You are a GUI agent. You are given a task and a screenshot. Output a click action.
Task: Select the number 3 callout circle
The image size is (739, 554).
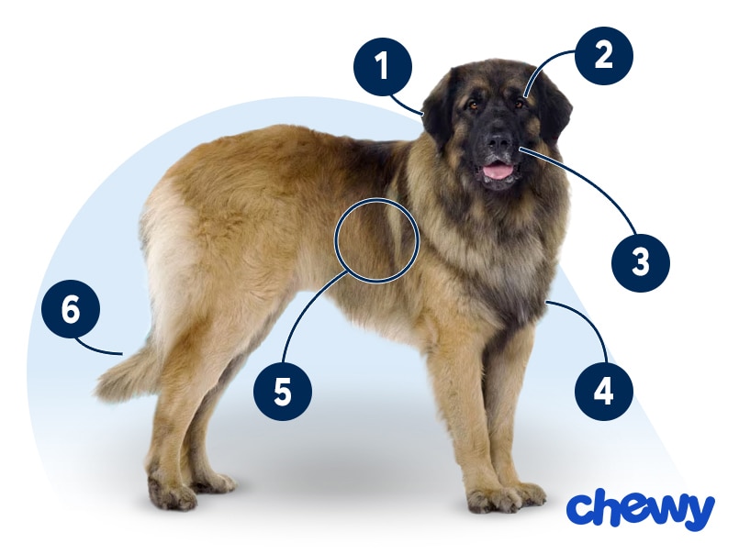[641, 262]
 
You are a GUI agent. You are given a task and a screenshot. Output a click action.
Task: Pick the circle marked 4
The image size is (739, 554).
[603, 392]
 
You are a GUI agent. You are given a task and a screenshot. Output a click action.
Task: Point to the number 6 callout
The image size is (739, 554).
[70, 311]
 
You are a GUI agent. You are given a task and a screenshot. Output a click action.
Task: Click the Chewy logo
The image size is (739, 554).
[640, 510]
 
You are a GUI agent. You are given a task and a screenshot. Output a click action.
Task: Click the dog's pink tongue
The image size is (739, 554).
[498, 171]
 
